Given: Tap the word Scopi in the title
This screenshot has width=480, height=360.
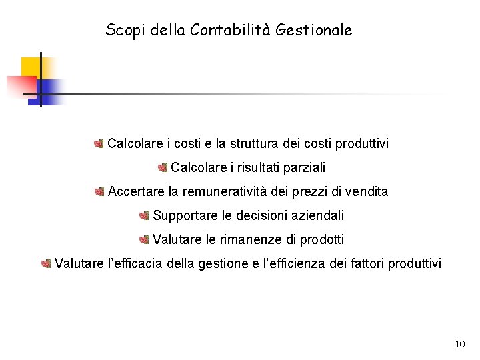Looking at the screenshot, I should [123, 31].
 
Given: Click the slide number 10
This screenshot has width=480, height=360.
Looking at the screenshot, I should [459, 345].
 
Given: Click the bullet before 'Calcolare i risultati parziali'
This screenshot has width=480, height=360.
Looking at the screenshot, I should [163, 167].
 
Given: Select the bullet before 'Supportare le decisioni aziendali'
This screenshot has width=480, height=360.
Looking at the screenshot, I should [144, 215].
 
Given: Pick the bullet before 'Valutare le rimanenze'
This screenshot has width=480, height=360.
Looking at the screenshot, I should [144, 239].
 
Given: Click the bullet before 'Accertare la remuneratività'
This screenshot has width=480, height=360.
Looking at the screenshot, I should [99, 192].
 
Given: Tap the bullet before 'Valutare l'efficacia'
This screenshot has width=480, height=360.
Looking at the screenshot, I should [46, 263].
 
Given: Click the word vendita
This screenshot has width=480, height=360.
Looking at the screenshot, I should [367, 191].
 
